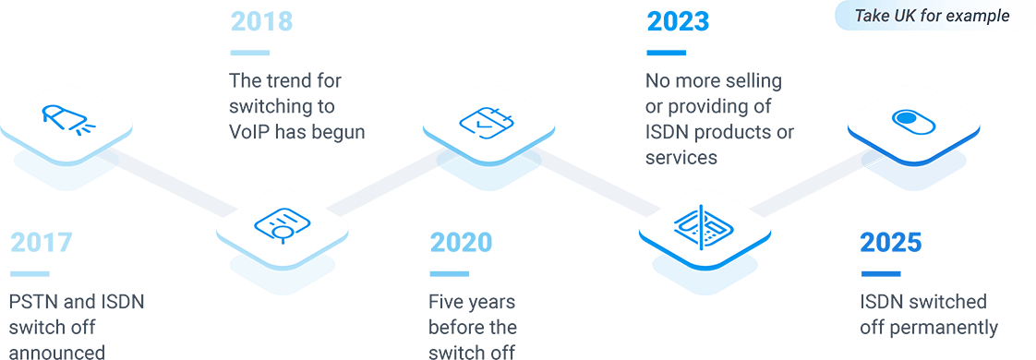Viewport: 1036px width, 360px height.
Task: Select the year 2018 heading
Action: tap(261, 21)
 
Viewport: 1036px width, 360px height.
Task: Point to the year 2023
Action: tap(678, 21)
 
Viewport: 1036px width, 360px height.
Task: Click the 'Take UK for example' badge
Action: tap(932, 16)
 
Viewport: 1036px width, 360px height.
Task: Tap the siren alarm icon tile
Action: tap(66, 119)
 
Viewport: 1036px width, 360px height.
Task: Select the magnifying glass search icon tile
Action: tap(283, 222)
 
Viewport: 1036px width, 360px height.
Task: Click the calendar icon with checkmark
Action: tap(488, 121)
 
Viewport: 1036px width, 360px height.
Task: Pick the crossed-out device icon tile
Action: tap(705, 222)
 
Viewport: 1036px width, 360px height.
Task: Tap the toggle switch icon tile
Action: tap(913, 121)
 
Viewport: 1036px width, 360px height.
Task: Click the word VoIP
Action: tap(250, 132)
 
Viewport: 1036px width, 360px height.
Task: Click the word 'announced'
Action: tap(56, 352)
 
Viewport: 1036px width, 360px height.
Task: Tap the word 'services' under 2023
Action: tap(681, 158)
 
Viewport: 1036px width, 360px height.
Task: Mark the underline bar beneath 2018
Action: tap(249, 53)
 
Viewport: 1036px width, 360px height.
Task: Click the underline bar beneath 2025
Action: tap(880, 273)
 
